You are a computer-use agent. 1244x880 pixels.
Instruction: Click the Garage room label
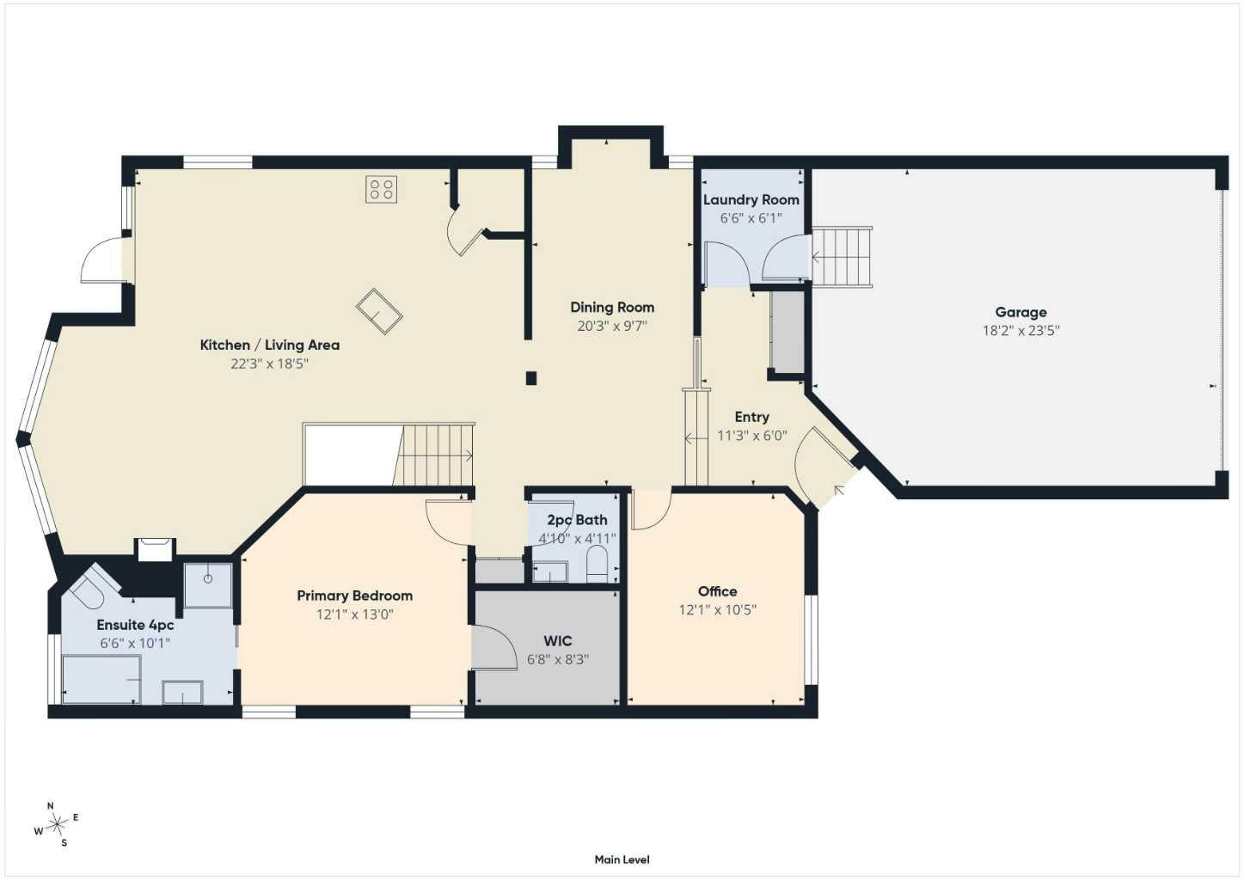(x=1020, y=312)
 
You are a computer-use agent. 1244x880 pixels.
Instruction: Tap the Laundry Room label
(x=751, y=200)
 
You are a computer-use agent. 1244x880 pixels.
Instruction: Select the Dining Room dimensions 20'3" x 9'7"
(x=612, y=326)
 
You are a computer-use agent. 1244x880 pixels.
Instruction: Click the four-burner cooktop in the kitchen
(x=381, y=189)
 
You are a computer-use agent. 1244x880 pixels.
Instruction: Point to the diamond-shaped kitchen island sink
(x=379, y=311)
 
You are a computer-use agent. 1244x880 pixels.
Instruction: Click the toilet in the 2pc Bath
(x=597, y=564)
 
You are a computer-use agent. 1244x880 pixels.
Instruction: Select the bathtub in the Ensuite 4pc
(x=101, y=680)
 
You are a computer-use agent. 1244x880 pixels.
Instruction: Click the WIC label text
(x=558, y=641)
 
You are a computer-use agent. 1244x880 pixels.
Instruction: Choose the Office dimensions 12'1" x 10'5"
(x=718, y=610)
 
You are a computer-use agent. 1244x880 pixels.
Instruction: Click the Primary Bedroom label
(x=355, y=596)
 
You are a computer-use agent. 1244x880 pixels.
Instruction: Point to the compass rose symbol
(x=57, y=824)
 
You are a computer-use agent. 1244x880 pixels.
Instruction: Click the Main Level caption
(x=622, y=859)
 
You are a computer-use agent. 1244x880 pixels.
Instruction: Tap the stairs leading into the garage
(x=842, y=256)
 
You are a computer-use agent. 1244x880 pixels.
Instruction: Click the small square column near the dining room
(x=531, y=378)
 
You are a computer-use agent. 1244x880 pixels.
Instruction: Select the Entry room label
(x=752, y=417)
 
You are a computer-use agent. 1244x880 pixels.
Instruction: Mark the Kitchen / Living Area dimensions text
(x=269, y=364)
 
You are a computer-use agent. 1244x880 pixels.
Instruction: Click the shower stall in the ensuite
(x=208, y=585)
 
